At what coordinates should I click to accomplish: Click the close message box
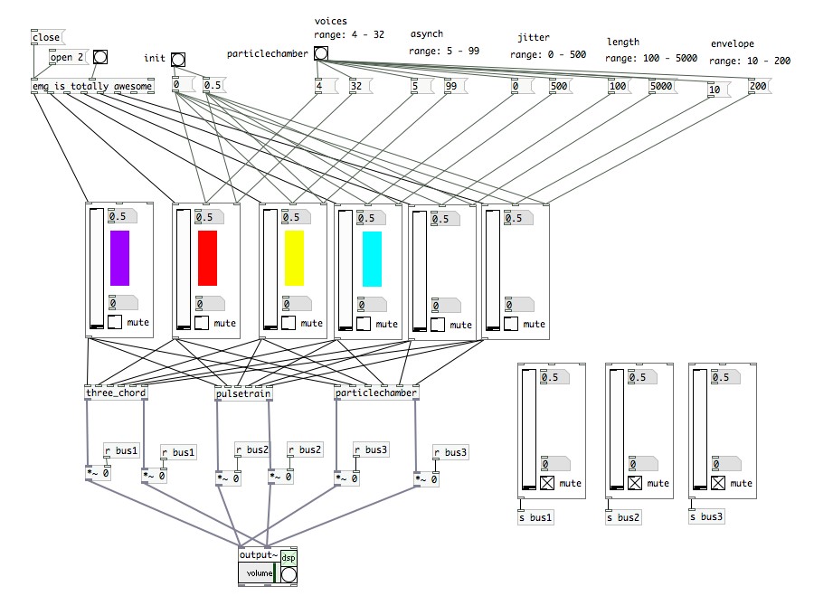tap(46, 38)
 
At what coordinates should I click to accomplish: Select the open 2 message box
tap(68, 57)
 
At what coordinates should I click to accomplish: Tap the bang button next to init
tap(178, 60)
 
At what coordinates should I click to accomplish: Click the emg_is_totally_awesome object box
tap(91, 87)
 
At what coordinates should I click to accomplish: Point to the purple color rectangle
tap(119, 259)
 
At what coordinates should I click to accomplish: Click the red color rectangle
tap(207, 259)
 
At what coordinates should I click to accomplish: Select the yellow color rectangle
tap(294, 259)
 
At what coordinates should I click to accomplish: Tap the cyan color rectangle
tap(372, 259)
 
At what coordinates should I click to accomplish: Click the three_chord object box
tap(116, 393)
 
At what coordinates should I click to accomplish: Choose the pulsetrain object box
tap(243, 393)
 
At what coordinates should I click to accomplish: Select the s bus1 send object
tap(535, 517)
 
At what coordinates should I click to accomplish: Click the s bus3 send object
tap(706, 517)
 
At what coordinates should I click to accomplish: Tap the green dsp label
tap(288, 558)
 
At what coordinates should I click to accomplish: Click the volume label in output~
tap(259, 573)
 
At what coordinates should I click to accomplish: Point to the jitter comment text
tap(534, 38)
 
